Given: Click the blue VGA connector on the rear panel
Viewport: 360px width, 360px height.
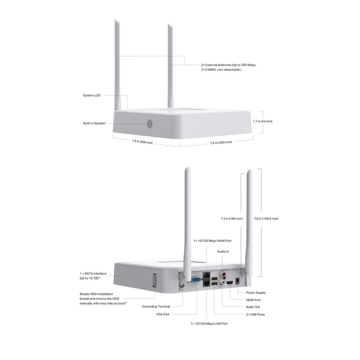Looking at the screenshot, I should coord(195,280).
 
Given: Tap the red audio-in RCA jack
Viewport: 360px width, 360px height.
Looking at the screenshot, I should coord(222,273).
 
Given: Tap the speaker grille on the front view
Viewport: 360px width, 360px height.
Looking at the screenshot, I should coord(150,124).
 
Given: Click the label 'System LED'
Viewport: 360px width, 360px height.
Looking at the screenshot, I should coord(92,95).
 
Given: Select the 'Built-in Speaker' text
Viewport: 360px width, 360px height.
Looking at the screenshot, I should coord(94,123).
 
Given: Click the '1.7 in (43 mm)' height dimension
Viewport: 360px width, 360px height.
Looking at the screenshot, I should coord(262,121).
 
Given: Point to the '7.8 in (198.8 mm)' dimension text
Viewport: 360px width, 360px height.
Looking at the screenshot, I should coord(266,219).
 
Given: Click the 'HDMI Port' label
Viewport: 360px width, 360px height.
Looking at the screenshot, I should coord(253,300).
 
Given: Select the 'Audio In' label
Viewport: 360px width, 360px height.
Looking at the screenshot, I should coord(223,251).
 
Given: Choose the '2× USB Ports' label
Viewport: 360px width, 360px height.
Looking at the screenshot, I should coord(255,314).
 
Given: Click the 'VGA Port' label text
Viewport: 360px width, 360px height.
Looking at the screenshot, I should coord(162,314).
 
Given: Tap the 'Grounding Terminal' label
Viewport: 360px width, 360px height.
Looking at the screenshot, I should coord(156,307).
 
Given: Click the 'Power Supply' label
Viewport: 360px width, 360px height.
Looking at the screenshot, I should coord(256,292).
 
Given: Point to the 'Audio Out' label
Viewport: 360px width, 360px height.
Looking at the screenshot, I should coord(253,307).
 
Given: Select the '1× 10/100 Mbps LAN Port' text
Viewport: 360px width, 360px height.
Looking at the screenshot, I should coord(209,323).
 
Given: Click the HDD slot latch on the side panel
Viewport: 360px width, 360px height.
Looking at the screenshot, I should coord(154,280).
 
